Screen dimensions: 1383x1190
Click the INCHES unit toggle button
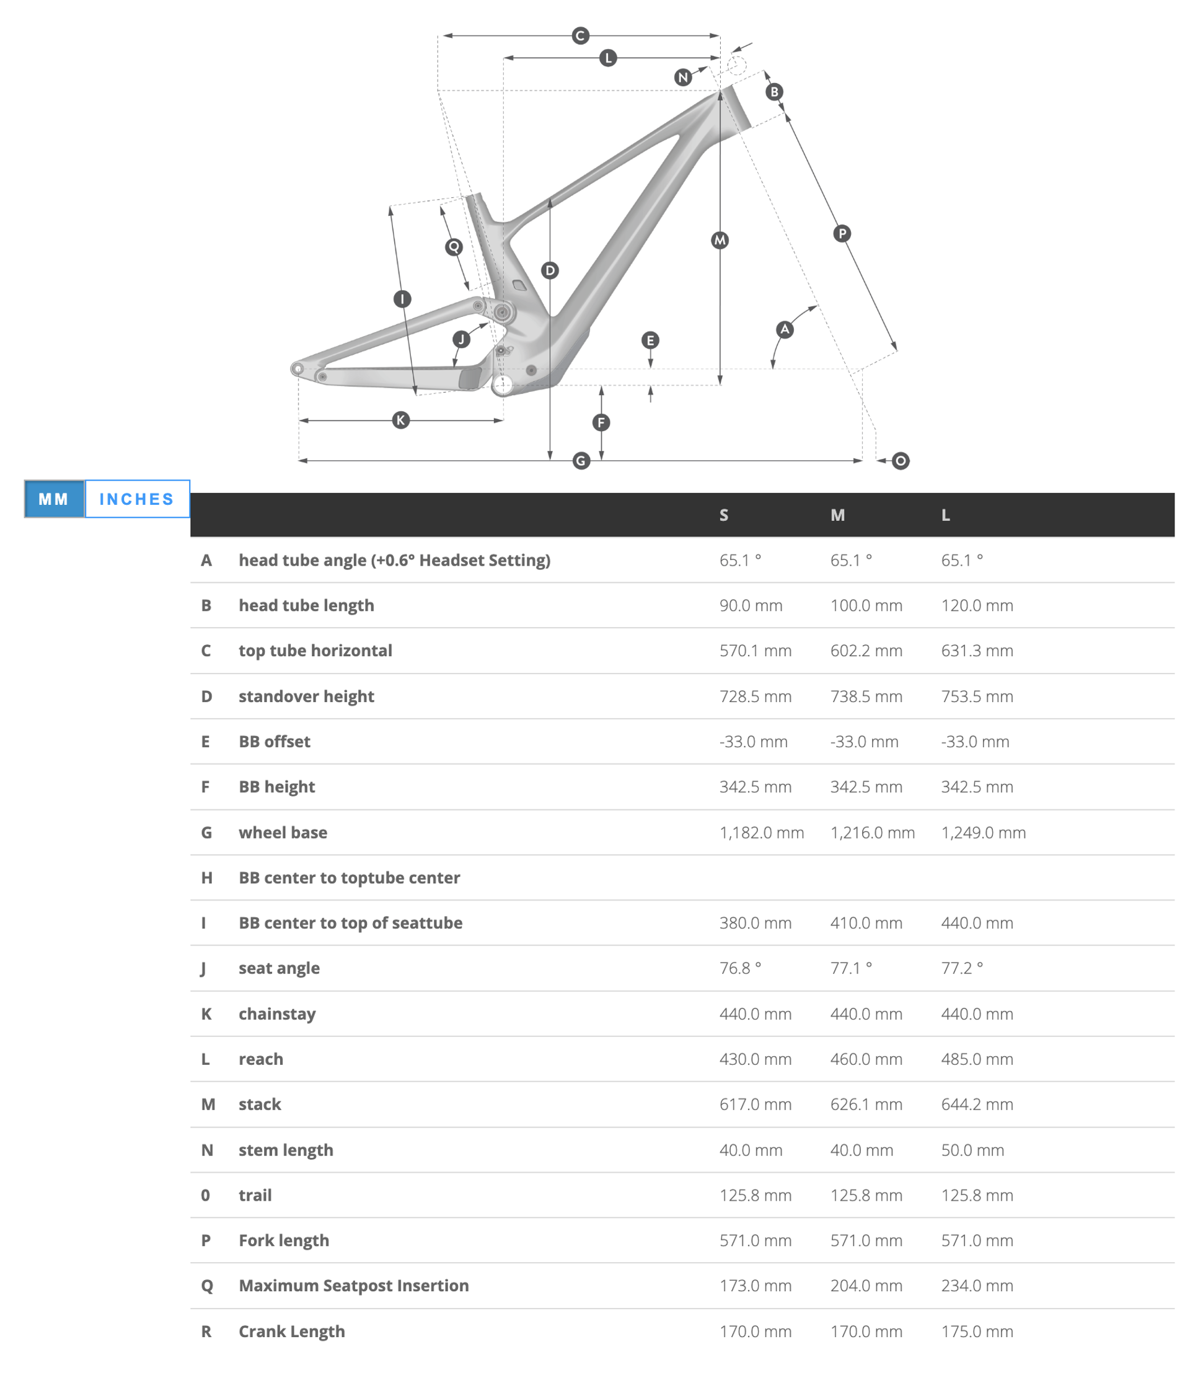pos(137,499)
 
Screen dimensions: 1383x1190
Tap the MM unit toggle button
pos(54,499)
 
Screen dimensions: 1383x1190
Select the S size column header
pos(724,515)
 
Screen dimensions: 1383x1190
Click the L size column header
pos(945,515)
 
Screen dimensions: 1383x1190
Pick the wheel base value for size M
pos(872,832)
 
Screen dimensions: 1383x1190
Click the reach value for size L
pos(977,1059)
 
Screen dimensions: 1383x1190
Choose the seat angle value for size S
pos(740,968)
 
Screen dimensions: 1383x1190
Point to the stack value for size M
pos(866,1104)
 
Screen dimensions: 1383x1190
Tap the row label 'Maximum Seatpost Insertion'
pos(353,1286)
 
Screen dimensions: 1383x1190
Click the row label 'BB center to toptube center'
pos(349,878)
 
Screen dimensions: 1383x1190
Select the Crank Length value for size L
pos(977,1331)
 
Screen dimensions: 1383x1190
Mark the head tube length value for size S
pos(751,605)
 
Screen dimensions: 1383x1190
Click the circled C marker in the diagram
pos(580,35)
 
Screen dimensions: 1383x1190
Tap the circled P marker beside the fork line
pos(842,234)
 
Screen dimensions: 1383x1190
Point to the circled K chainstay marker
pos(400,420)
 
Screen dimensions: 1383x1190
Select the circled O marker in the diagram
pos(901,461)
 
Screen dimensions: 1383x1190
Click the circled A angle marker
pos(785,329)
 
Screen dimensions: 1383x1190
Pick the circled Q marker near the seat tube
pos(454,247)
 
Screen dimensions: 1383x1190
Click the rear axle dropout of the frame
pos(298,368)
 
